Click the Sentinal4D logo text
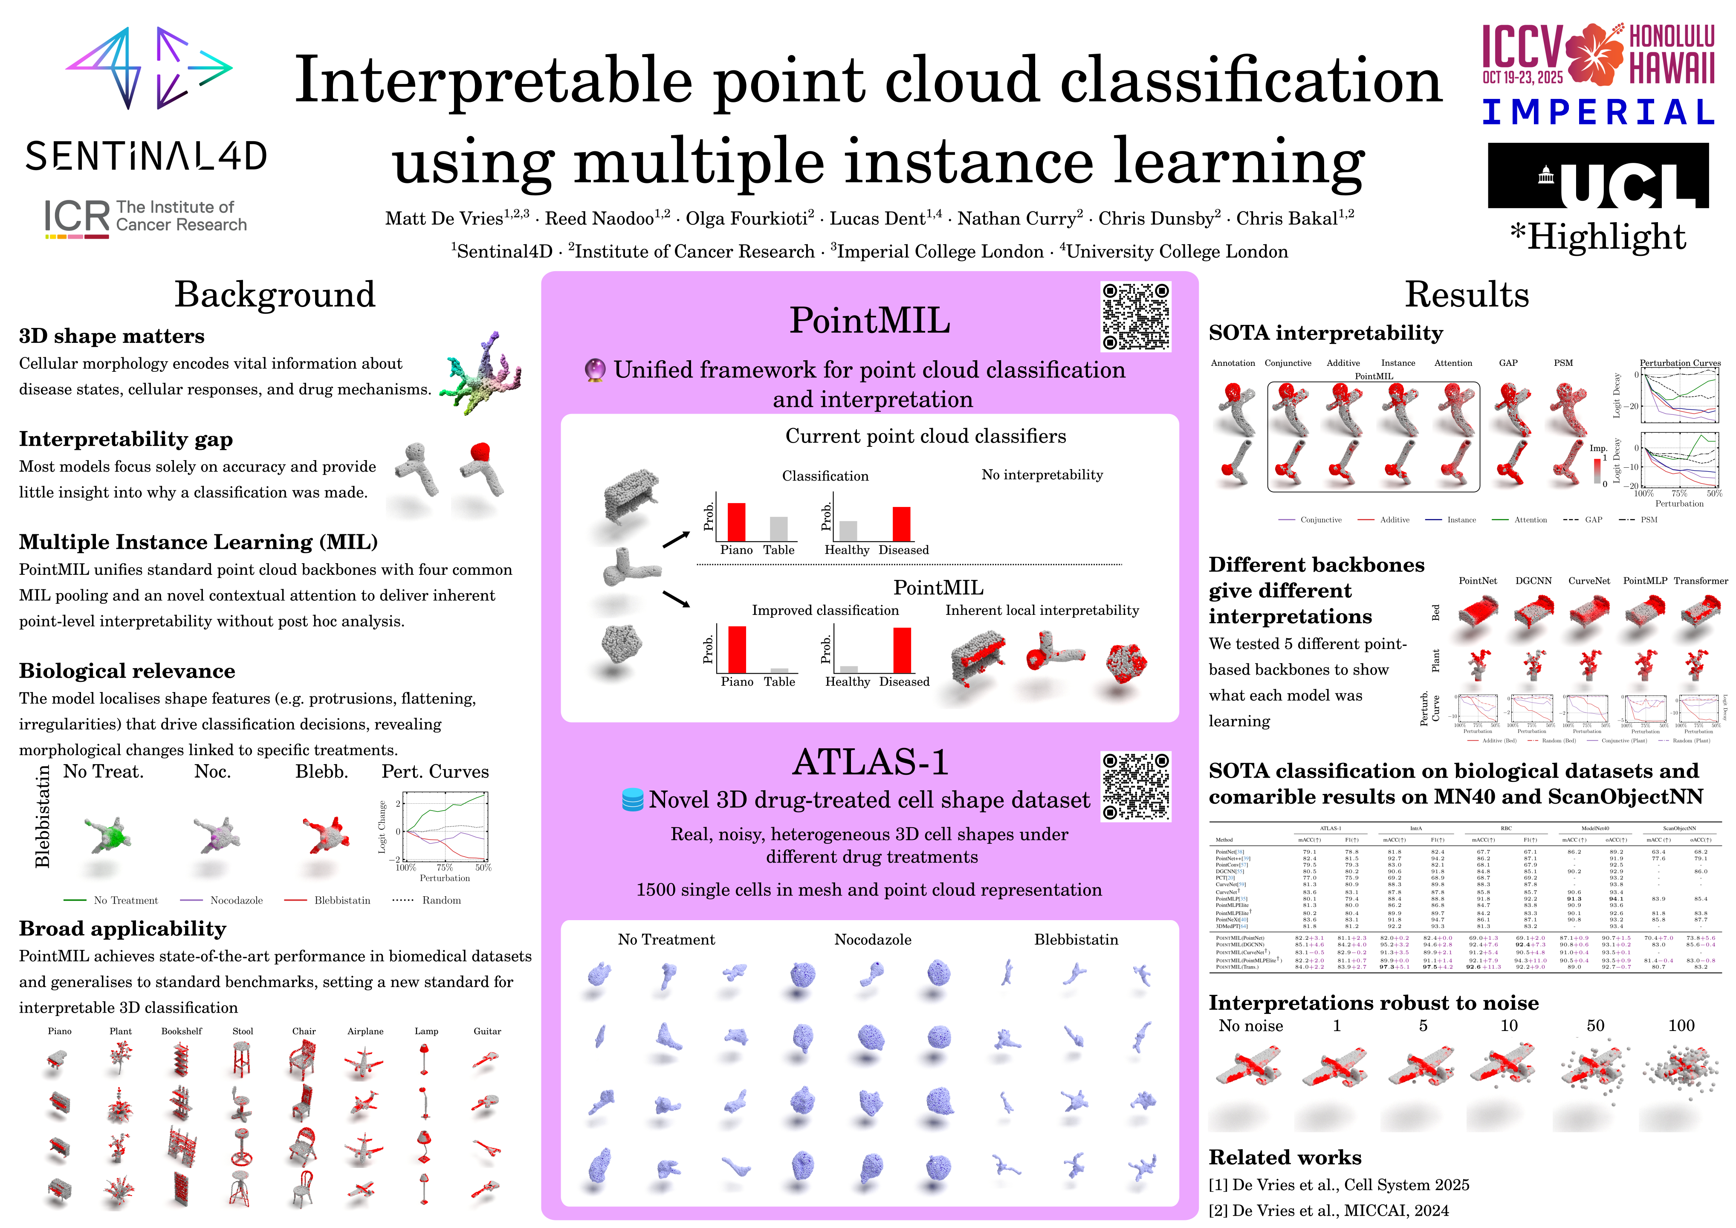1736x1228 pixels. point(146,156)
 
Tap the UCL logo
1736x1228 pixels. point(1597,176)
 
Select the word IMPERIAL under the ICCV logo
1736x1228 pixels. point(1597,113)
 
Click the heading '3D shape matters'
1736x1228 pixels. point(111,336)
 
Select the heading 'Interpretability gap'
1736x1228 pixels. point(125,439)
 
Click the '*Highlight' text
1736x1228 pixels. point(1597,237)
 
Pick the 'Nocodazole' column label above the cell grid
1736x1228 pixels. point(873,940)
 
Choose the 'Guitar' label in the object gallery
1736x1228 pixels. point(487,1031)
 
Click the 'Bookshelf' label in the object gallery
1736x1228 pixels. point(182,1031)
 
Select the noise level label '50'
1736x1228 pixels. point(1595,1026)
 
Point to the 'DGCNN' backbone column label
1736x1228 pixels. point(1533,581)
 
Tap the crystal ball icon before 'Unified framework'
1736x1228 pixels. point(595,371)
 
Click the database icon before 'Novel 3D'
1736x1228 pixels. point(632,800)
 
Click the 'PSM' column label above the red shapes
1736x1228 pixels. point(1563,363)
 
